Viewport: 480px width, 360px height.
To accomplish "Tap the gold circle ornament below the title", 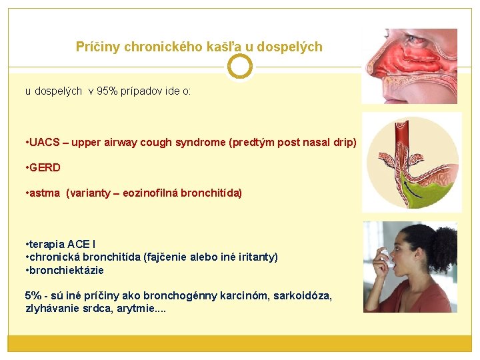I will pyautogui.click(x=240, y=67).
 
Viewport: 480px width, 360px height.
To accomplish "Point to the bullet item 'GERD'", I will pyautogui.click(x=45, y=168).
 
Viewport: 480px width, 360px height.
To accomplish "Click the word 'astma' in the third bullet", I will pyautogui.click(x=45, y=193).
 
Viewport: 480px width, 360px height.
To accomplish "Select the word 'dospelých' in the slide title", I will pyautogui.click(x=291, y=47).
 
